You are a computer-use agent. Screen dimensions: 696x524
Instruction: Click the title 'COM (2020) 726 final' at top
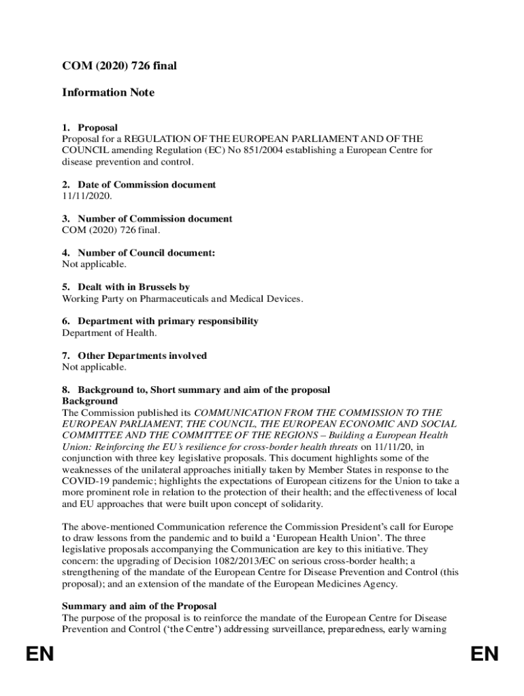click(120, 66)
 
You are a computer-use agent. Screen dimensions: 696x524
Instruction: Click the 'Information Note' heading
click(108, 92)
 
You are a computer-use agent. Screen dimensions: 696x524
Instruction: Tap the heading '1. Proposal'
click(90, 128)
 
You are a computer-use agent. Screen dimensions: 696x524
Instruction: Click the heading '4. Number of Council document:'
click(139, 253)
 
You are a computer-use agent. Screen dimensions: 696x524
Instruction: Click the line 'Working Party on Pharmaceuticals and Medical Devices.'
click(183, 298)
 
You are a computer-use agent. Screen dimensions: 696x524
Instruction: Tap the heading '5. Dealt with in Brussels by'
click(126, 288)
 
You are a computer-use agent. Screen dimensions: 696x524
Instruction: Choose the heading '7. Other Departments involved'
click(134, 355)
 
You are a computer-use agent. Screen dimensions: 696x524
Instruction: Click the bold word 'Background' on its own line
click(90, 401)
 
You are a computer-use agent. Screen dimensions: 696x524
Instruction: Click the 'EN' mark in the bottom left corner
click(39, 655)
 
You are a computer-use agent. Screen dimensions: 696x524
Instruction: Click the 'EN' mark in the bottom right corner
click(484, 655)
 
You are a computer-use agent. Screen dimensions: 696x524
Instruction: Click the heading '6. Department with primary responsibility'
click(161, 321)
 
